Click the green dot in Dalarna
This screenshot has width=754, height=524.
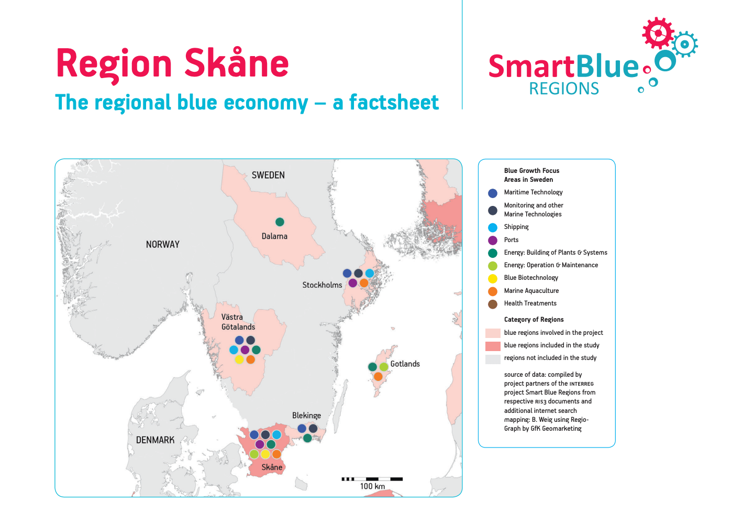[x=280, y=222]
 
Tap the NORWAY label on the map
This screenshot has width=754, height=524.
[x=162, y=244]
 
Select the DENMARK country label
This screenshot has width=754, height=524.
[x=155, y=440]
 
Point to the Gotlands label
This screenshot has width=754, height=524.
[x=405, y=364]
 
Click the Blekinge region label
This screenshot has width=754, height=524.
[x=306, y=416]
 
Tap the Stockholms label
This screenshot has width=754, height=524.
[x=322, y=285]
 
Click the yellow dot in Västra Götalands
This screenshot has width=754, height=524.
[x=239, y=359]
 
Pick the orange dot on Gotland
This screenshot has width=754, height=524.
[x=378, y=377]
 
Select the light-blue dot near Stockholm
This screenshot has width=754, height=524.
[x=370, y=273]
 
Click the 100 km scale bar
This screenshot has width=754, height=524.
[x=372, y=479]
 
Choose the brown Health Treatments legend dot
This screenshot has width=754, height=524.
[x=493, y=304]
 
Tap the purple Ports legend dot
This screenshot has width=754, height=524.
[x=493, y=241]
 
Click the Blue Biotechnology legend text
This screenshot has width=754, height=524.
[x=531, y=278]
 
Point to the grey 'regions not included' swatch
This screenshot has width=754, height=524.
[x=493, y=359]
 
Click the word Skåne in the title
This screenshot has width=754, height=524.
[x=236, y=63]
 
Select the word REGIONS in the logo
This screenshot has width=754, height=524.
[x=564, y=89]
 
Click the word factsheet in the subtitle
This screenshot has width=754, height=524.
[x=394, y=102]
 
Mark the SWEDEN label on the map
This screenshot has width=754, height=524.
[x=268, y=175]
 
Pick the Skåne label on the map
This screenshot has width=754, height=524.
[x=272, y=467]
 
